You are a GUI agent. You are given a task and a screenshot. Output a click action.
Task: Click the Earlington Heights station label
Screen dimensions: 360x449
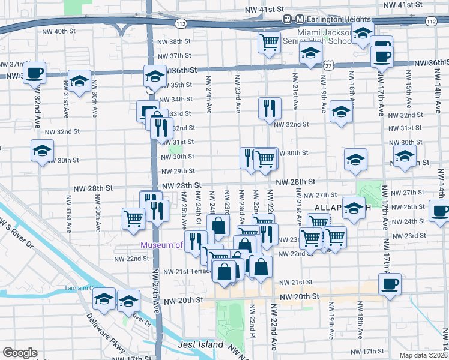coord(339,19)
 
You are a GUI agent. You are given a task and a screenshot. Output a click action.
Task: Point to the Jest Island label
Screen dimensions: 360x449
coord(200,345)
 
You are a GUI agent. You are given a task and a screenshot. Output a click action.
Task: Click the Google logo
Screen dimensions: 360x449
coord(20,352)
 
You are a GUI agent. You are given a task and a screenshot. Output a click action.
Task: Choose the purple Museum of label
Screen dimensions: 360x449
coord(161,245)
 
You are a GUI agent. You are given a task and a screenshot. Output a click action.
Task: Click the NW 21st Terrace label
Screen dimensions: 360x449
coord(187,271)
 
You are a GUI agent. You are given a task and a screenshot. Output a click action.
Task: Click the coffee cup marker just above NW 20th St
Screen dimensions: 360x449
coord(389,283)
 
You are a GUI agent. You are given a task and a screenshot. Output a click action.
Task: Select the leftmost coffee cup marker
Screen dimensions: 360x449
coord(35,73)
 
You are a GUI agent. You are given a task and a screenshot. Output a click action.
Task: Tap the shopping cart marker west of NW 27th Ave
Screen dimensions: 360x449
coord(133,218)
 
